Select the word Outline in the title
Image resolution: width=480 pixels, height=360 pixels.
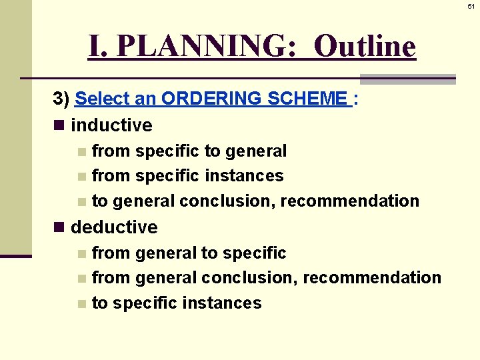365,47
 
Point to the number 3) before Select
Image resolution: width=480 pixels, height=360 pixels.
61,99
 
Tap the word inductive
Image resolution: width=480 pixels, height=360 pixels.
111,125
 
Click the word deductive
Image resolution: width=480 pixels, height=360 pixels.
114,227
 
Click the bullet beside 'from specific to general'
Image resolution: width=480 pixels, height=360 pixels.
81,152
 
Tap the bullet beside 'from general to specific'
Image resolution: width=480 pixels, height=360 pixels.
81,254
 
